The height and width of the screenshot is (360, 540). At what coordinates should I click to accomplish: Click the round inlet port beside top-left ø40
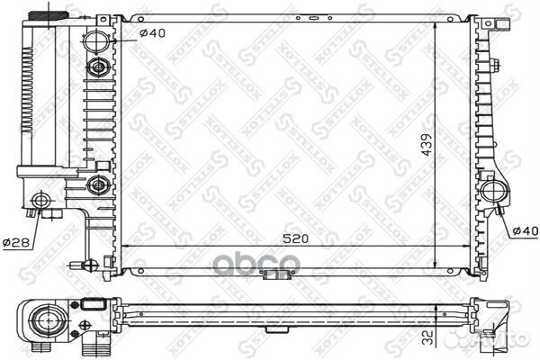click(97, 41)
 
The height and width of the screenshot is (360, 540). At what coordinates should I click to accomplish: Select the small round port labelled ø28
click(39, 201)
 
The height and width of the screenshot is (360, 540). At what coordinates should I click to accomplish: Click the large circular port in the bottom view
click(44, 317)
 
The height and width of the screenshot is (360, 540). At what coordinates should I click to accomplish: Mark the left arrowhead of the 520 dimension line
click(125, 244)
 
